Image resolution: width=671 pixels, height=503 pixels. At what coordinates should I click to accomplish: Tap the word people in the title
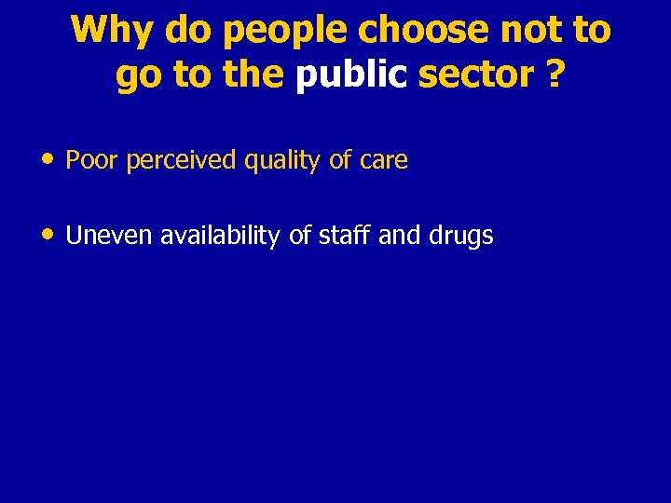coord(286,32)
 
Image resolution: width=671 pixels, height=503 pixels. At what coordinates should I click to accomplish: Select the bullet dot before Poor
coord(48,159)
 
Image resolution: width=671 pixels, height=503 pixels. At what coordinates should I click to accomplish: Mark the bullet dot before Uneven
coord(48,235)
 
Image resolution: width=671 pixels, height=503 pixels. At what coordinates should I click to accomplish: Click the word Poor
coord(91,160)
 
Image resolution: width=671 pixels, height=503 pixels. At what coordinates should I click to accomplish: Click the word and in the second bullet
coord(400,236)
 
